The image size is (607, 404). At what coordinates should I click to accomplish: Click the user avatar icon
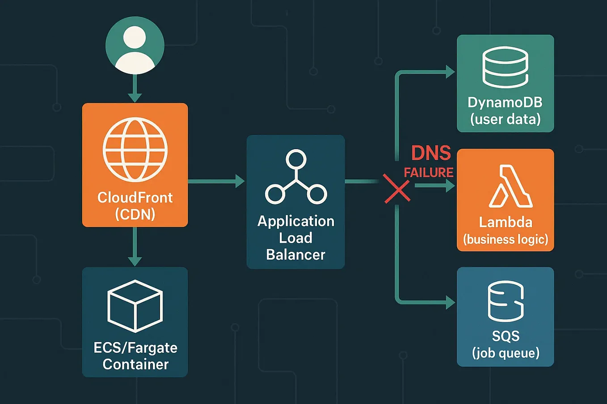(x=135, y=46)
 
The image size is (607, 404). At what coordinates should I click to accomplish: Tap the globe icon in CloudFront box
(x=135, y=150)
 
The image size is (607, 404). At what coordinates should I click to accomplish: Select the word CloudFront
(x=135, y=197)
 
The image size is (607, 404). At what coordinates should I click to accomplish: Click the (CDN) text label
(x=135, y=214)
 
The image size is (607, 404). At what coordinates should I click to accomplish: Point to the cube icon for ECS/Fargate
(x=135, y=306)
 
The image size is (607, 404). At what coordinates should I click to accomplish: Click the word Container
(x=135, y=364)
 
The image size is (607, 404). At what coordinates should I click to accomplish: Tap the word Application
(x=296, y=221)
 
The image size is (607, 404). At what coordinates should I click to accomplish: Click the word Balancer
(x=296, y=254)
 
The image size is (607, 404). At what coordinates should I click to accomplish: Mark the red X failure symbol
(x=397, y=189)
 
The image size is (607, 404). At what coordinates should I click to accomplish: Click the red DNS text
(x=431, y=153)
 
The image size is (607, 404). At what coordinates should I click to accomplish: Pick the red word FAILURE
(x=429, y=172)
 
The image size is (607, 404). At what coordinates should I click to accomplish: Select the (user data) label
(x=506, y=119)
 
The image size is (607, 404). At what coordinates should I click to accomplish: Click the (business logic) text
(x=506, y=239)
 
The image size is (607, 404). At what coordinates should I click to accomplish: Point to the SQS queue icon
(x=506, y=301)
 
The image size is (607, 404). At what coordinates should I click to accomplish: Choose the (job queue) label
(x=506, y=353)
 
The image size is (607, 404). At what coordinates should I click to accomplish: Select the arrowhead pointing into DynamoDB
(x=450, y=71)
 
